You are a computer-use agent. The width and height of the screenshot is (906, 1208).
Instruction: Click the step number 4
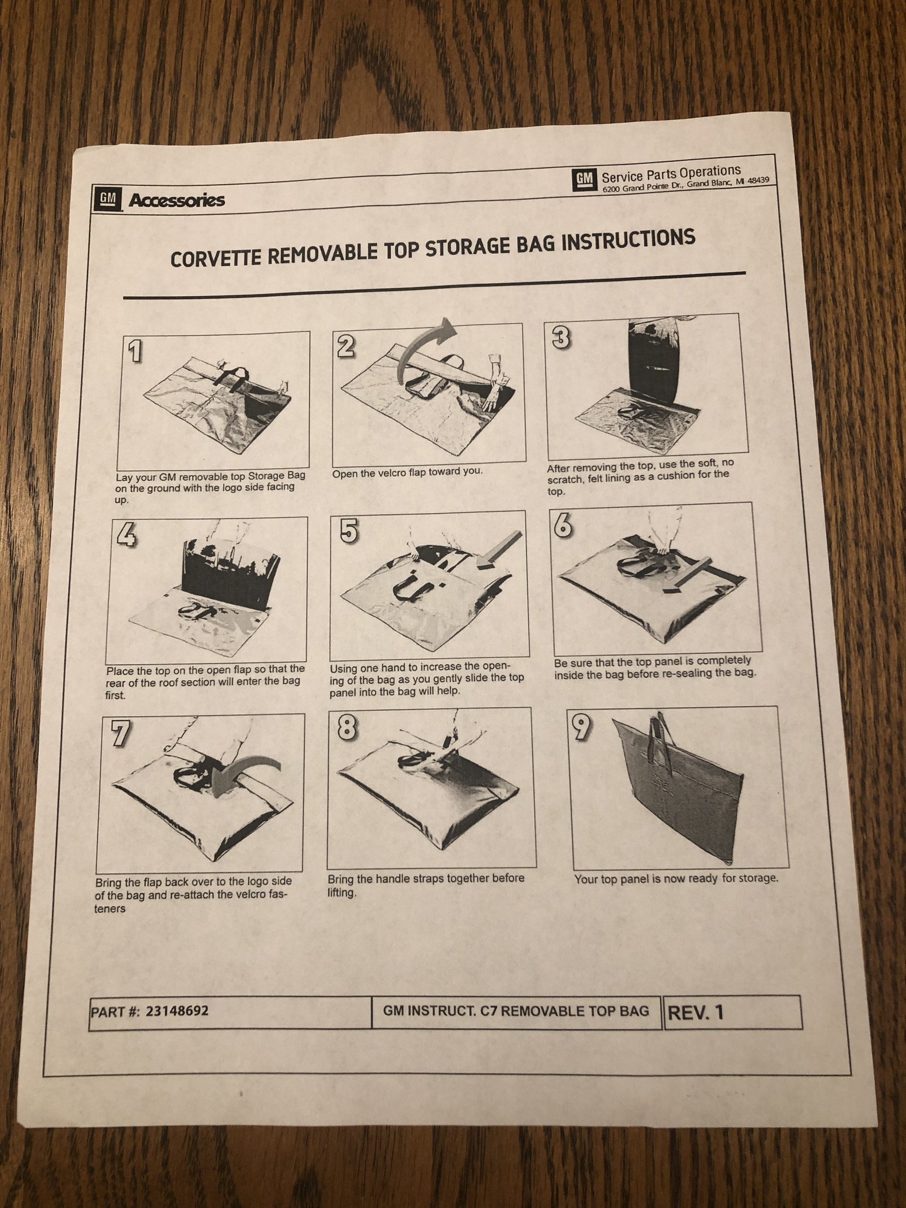125,536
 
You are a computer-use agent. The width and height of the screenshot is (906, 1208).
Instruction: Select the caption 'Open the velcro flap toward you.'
407,471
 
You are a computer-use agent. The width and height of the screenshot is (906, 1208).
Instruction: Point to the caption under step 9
676,879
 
